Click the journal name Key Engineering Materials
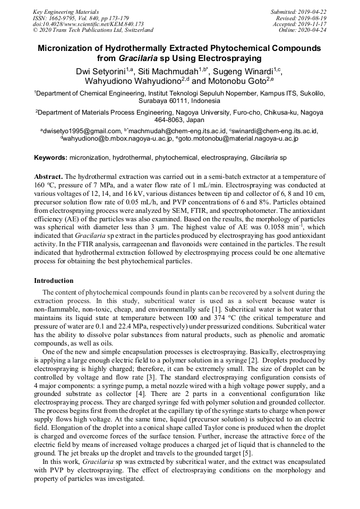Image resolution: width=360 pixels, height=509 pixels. [66, 11]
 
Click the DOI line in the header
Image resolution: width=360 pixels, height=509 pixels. [88, 24]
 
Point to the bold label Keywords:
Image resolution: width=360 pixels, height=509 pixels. [50, 158]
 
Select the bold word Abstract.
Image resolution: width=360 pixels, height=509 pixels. [48, 176]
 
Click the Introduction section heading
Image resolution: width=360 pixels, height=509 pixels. [54, 280]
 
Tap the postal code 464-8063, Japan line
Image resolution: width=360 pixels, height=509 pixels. [179, 120]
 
